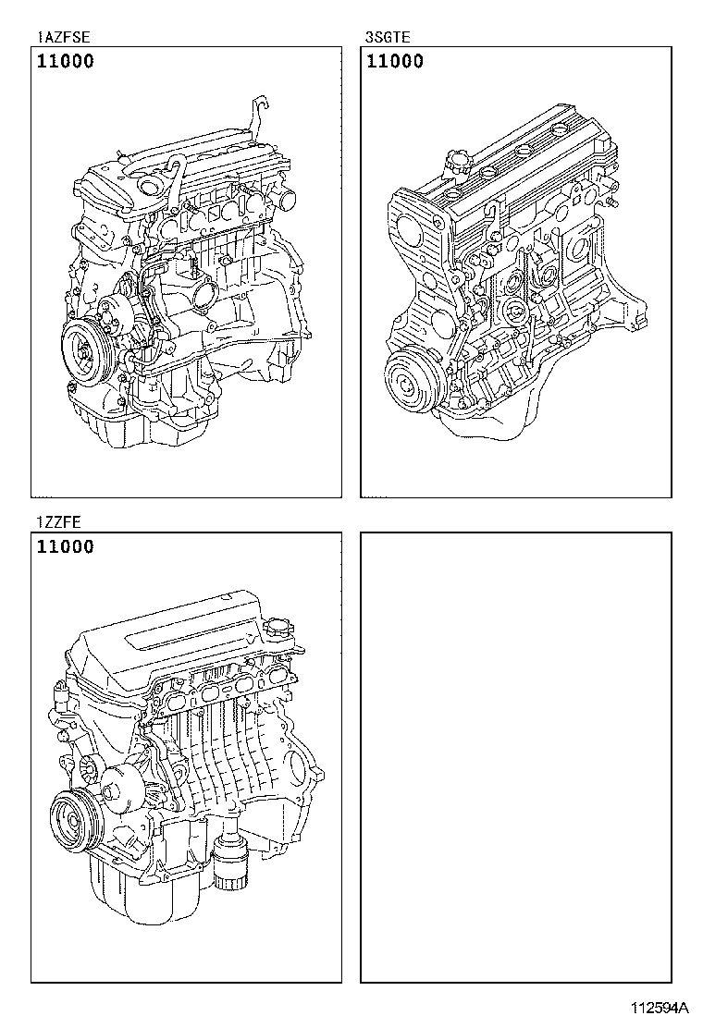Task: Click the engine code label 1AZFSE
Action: [x=64, y=38]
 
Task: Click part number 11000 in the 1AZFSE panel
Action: [x=66, y=62]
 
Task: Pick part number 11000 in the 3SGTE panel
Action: [x=396, y=62]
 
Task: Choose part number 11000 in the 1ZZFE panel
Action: [x=66, y=547]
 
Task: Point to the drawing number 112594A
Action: [x=661, y=1007]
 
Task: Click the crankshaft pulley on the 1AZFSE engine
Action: [x=84, y=352]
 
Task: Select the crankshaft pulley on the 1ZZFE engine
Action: [x=70, y=818]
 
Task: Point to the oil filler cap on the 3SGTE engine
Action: [x=458, y=164]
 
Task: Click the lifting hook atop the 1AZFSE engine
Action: [x=261, y=116]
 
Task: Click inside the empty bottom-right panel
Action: [x=515, y=758]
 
